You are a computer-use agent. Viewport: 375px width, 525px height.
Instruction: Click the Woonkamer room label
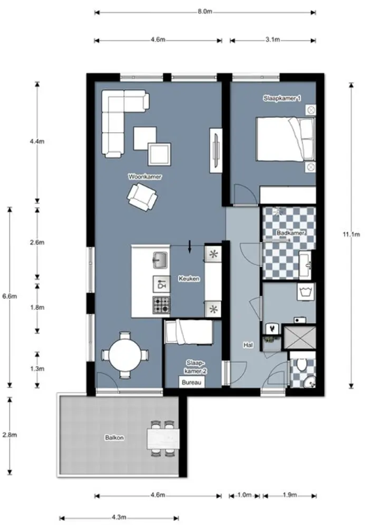click(145, 176)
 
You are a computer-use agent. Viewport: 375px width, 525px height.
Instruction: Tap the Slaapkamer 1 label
click(282, 98)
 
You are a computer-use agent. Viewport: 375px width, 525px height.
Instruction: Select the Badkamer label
click(290, 233)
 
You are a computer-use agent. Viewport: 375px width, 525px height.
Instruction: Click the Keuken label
click(189, 279)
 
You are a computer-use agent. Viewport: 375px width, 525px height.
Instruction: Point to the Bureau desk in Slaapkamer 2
click(192, 382)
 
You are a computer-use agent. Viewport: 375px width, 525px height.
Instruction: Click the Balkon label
click(114, 437)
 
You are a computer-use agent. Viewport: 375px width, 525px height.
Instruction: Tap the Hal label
click(248, 345)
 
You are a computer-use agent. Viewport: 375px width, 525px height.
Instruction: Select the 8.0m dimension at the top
click(205, 11)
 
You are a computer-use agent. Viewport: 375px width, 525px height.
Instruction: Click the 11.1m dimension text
click(351, 235)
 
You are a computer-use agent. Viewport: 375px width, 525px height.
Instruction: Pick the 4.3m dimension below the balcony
click(118, 517)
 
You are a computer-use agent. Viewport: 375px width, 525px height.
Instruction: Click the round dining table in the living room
click(125, 355)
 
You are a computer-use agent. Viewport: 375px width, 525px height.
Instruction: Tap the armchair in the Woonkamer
click(142, 198)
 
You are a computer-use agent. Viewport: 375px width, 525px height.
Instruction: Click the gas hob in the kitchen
click(161, 305)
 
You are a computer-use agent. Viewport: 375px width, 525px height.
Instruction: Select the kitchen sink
click(160, 260)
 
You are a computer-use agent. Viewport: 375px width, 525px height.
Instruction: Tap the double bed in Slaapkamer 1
click(286, 139)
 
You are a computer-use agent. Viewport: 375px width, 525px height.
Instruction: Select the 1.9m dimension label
click(289, 495)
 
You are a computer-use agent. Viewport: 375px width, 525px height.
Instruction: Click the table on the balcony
click(164, 439)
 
